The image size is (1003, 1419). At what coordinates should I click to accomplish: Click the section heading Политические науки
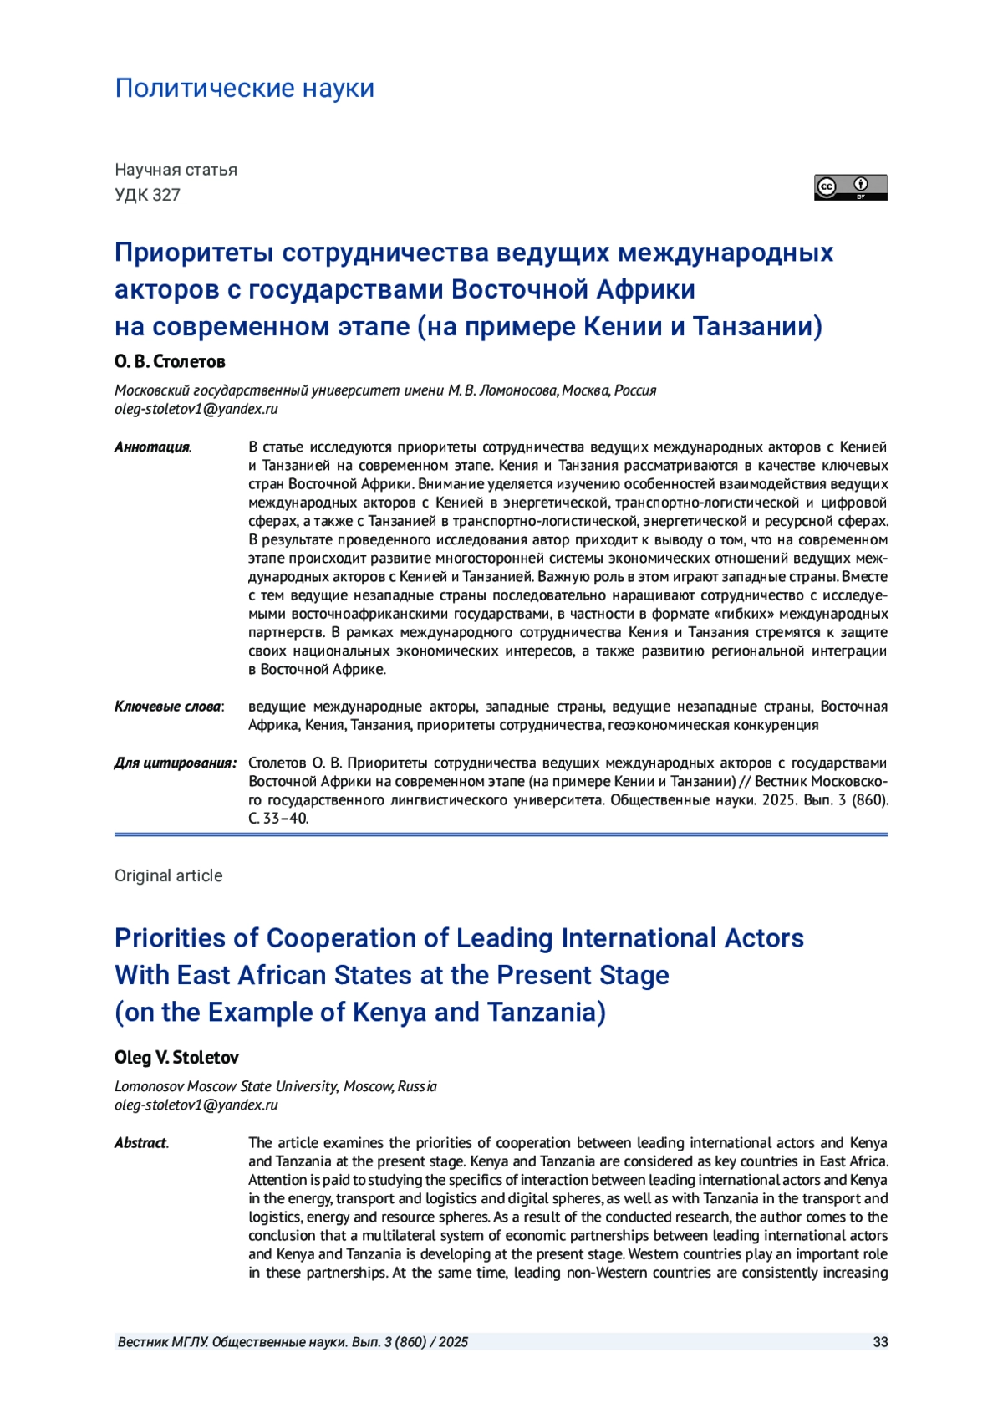[244, 88]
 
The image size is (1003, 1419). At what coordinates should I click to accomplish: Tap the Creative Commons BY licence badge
[850, 187]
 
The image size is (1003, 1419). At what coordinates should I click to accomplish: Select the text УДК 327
[147, 195]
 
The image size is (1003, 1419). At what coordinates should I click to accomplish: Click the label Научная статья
[176, 170]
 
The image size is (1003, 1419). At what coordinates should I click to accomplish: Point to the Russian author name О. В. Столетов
[170, 362]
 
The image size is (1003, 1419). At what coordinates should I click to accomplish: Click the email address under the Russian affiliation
[196, 410]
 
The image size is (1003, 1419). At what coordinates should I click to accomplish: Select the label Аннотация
[152, 447]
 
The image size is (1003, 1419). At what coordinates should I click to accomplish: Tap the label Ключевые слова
[168, 707]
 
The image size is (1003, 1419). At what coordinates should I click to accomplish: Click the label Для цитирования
[175, 763]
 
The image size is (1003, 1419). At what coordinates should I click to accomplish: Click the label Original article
[169, 875]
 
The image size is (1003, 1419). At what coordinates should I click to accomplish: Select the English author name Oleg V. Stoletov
[176, 1058]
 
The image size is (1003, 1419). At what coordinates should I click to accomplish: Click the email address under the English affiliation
[196, 1105]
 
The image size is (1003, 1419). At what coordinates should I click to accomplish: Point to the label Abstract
[140, 1143]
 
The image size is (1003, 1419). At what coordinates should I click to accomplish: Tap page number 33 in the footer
[880, 1342]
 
